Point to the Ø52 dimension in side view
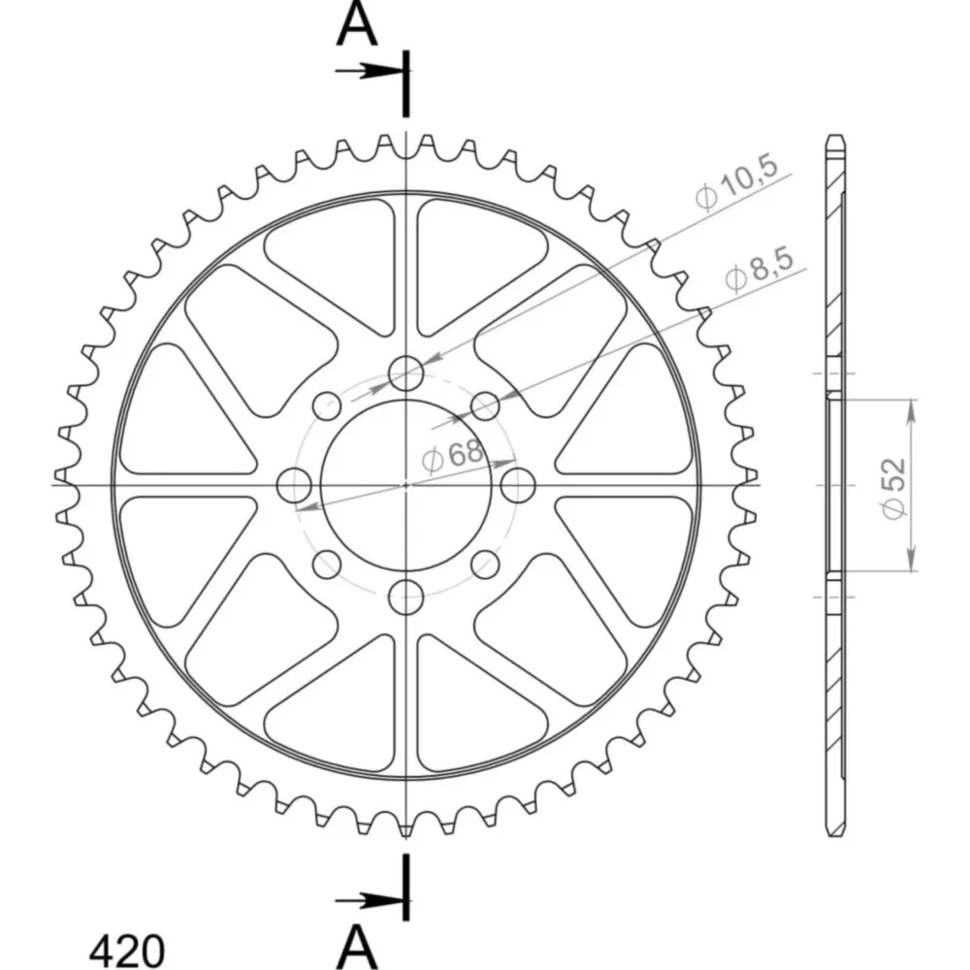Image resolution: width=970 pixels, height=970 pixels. point(894,488)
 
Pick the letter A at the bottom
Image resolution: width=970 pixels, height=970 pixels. point(357,947)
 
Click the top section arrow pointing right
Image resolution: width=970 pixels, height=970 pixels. point(370,71)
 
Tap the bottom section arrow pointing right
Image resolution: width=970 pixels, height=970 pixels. point(370,901)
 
